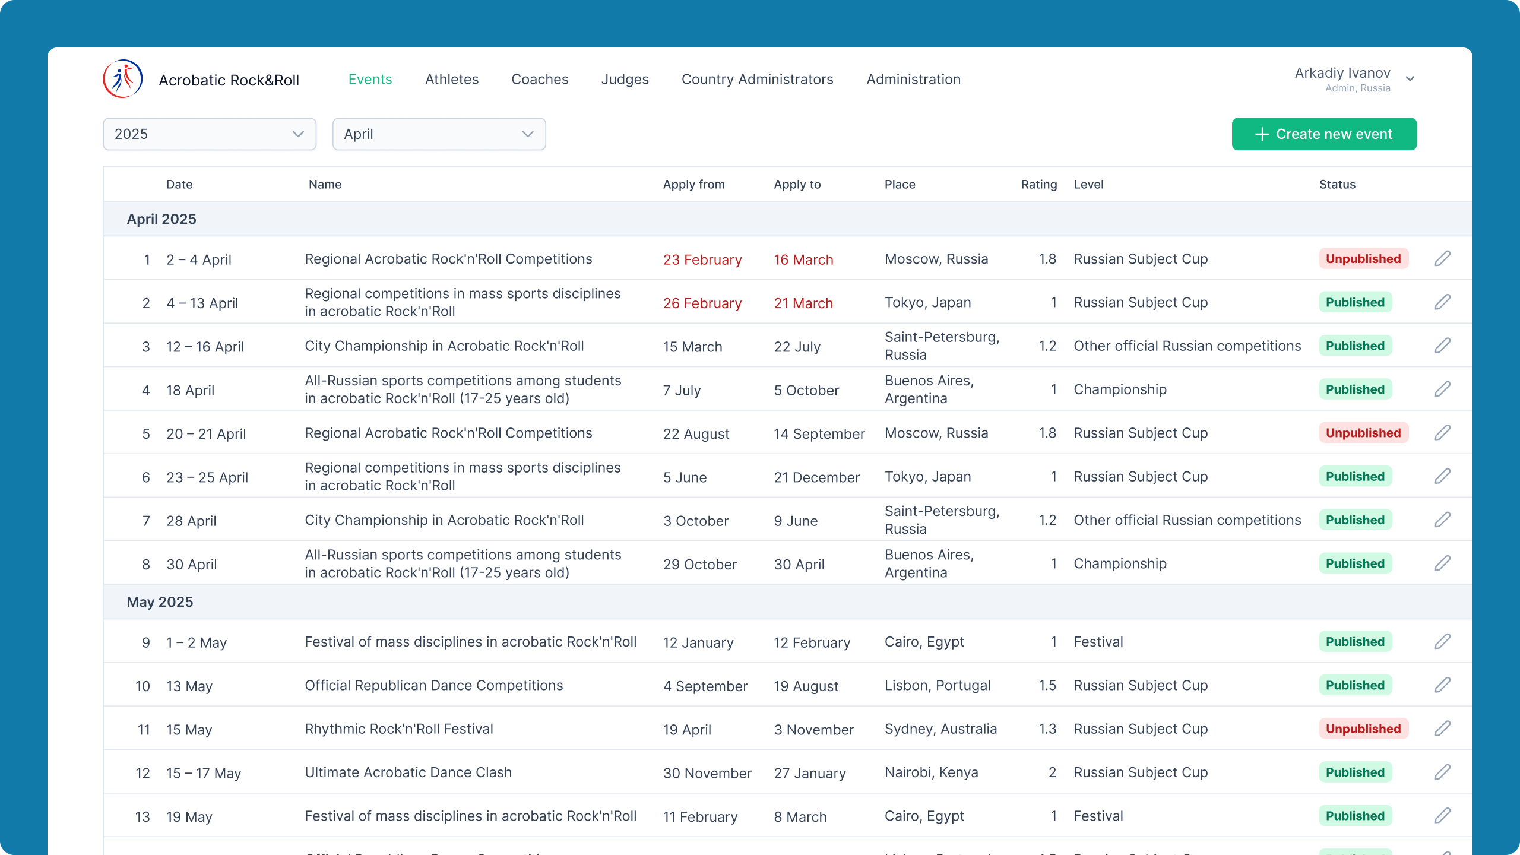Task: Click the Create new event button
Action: pyautogui.click(x=1324, y=134)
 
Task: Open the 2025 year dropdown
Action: pyautogui.click(x=210, y=134)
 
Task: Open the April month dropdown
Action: pyautogui.click(x=439, y=134)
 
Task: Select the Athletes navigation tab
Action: pyautogui.click(x=452, y=80)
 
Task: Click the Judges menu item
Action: pyautogui.click(x=625, y=80)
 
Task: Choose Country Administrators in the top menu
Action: pyautogui.click(x=758, y=80)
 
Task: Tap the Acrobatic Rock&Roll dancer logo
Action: pyautogui.click(x=123, y=79)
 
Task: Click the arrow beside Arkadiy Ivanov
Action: pyautogui.click(x=1411, y=79)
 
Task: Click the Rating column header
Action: pyautogui.click(x=1039, y=185)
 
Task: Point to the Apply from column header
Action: pyautogui.click(x=694, y=185)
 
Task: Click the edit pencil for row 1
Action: pyautogui.click(x=1443, y=259)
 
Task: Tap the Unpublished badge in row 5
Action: pyautogui.click(x=1364, y=433)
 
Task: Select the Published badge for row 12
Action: pyautogui.click(x=1356, y=772)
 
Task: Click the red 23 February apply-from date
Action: pyautogui.click(x=702, y=260)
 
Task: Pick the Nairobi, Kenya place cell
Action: pyautogui.click(x=932, y=772)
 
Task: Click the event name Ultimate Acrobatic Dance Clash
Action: pyautogui.click(x=408, y=772)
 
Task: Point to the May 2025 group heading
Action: pyautogui.click(x=160, y=602)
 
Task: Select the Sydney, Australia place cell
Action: pyautogui.click(x=941, y=729)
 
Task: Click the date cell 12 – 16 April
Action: pyautogui.click(x=205, y=347)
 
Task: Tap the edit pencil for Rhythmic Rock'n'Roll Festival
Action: pyautogui.click(x=1443, y=729)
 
